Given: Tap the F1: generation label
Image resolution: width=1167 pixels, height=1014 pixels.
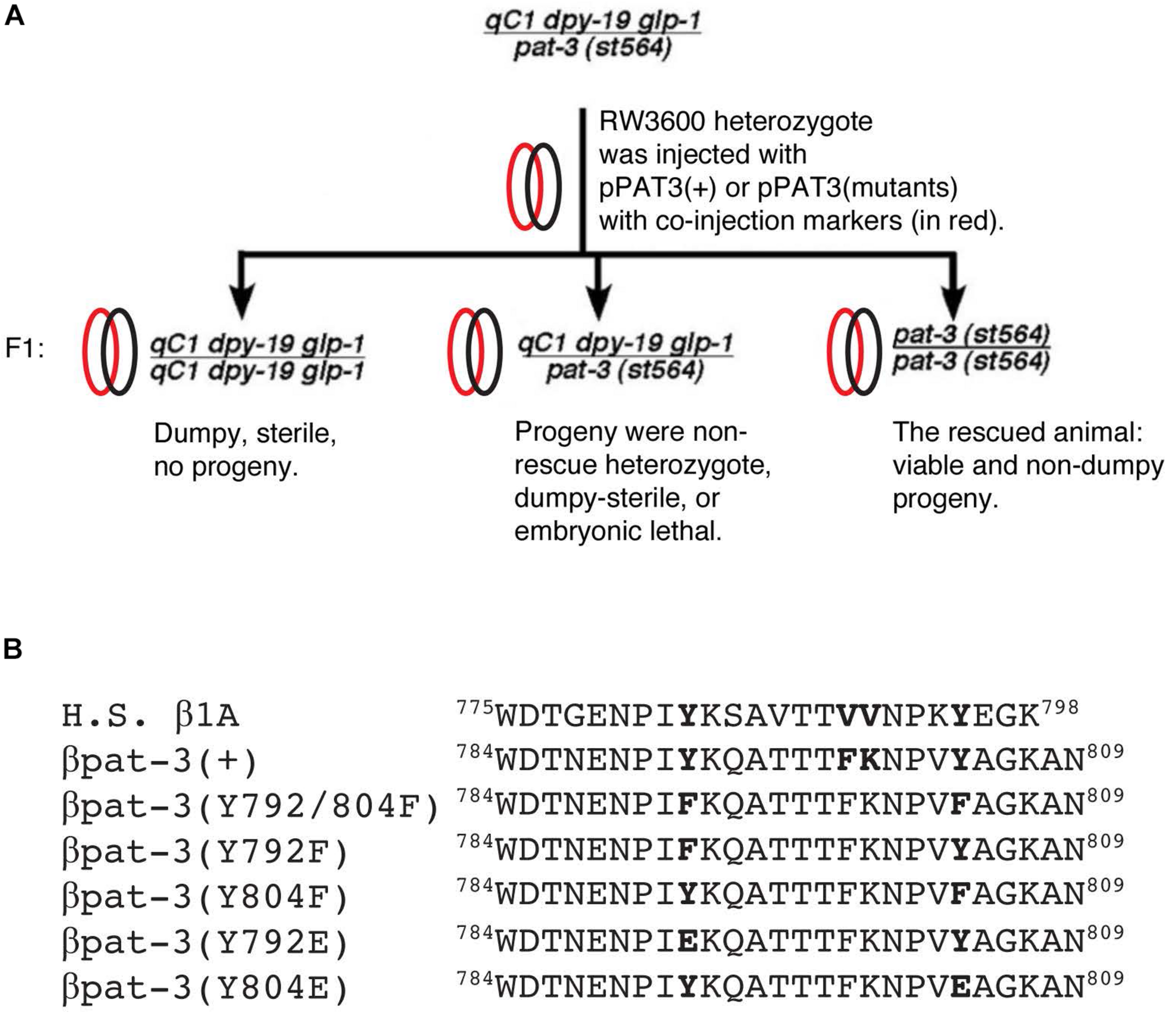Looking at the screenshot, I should tap(25, 349).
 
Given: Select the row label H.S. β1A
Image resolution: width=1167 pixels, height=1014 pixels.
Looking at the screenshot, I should tap(150, 716).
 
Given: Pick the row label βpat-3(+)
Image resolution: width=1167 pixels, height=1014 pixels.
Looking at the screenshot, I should tap(160, 761).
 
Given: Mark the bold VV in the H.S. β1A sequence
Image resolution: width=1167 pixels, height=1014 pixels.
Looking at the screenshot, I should tap(858, 716).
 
